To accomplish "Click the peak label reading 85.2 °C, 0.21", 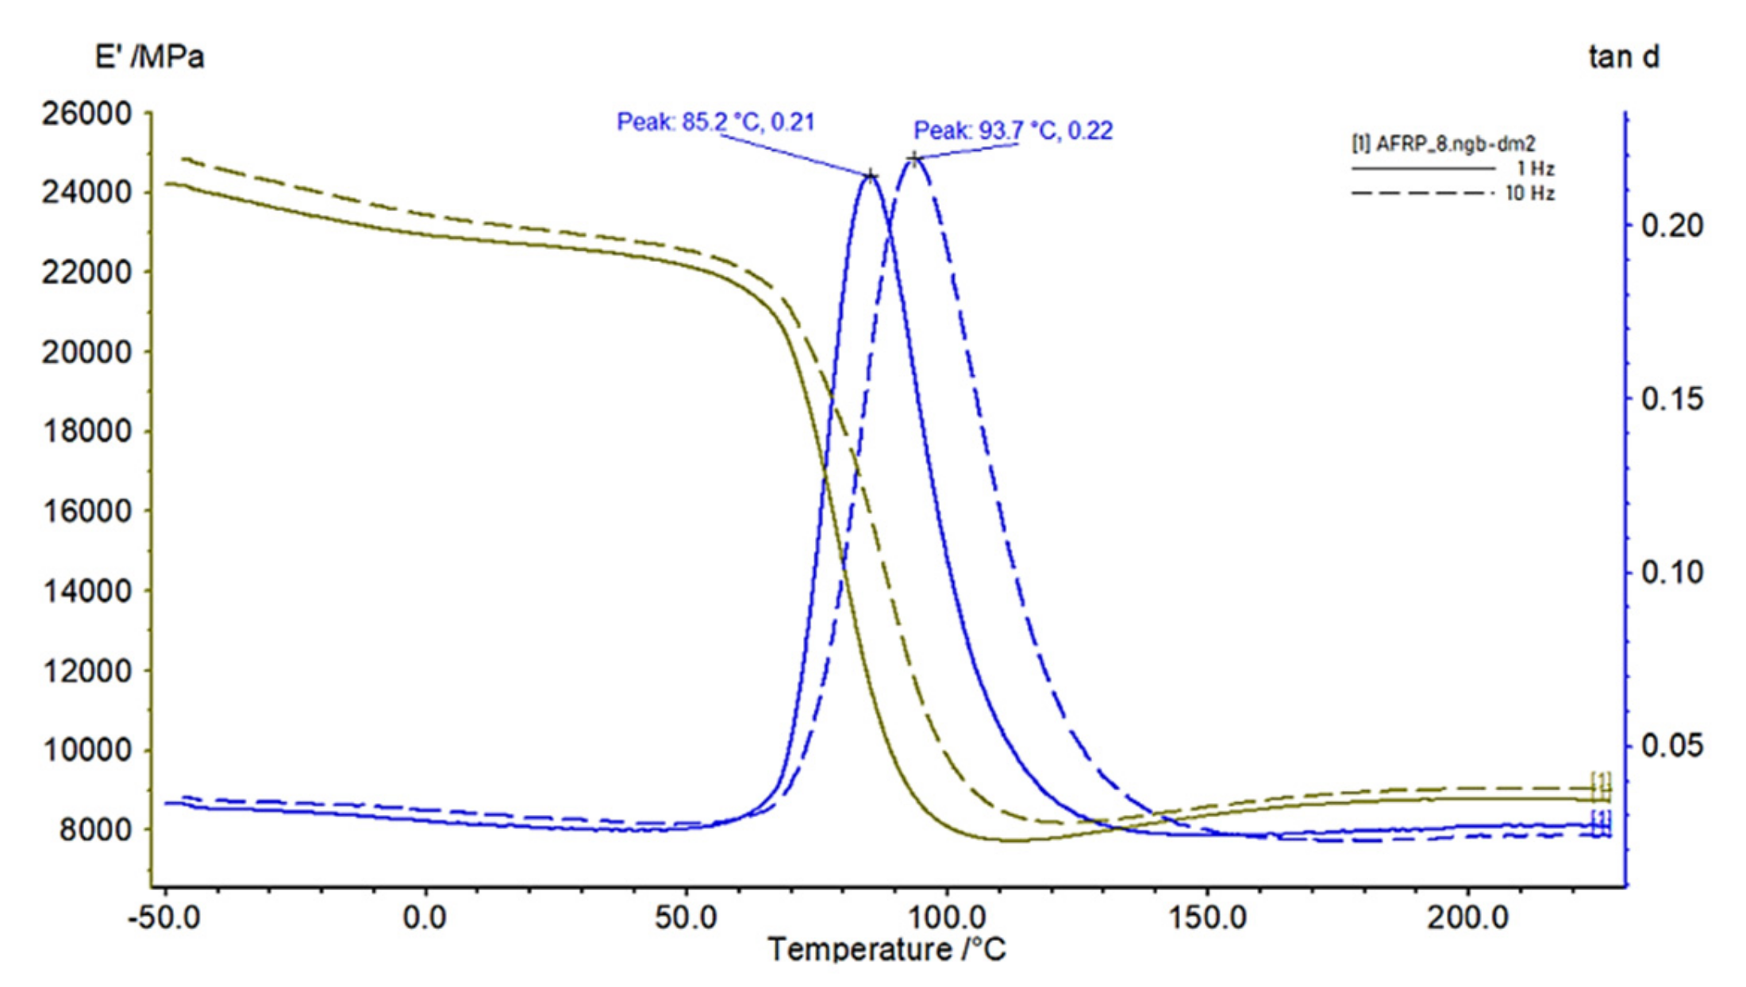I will coord(715,122).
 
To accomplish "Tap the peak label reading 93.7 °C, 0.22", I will coord(1013,130).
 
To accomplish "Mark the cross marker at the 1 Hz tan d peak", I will coord(871,175).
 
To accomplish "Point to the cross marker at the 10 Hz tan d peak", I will coord(914,159).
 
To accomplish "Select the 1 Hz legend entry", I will coord(1452,169).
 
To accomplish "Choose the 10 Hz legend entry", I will coord(1452,193).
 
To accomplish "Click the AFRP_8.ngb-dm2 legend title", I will coord(1443,144).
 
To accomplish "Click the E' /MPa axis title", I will coord(149,57).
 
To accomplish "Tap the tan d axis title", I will coord(1623,57).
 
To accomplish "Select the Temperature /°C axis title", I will coord(886,949).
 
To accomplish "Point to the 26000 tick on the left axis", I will coord(87,113).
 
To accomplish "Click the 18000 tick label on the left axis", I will coord(87,432).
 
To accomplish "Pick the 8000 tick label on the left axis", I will coord(94,830).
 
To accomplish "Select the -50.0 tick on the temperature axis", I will coord(164,918).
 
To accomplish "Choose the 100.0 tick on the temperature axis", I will coord(947,918).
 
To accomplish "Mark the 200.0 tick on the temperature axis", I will coord(1467,918).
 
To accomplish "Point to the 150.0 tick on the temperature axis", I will coord(1207,918).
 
